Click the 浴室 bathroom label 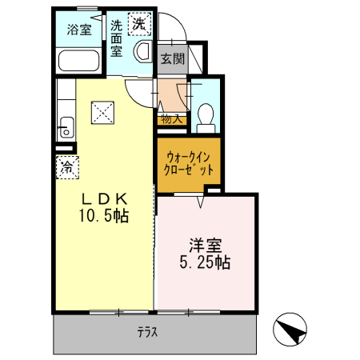coord(78,30)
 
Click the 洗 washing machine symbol coord(140,24)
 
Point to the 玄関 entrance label coord(172,58)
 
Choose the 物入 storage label coord(171,118)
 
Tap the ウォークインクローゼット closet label coord(189,163)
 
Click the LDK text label coord(103,198)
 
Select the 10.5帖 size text coord(103,215)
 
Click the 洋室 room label coord(205,243)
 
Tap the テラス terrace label coord(146,331)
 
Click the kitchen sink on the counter coord(66,126)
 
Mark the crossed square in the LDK coord(102,111)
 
